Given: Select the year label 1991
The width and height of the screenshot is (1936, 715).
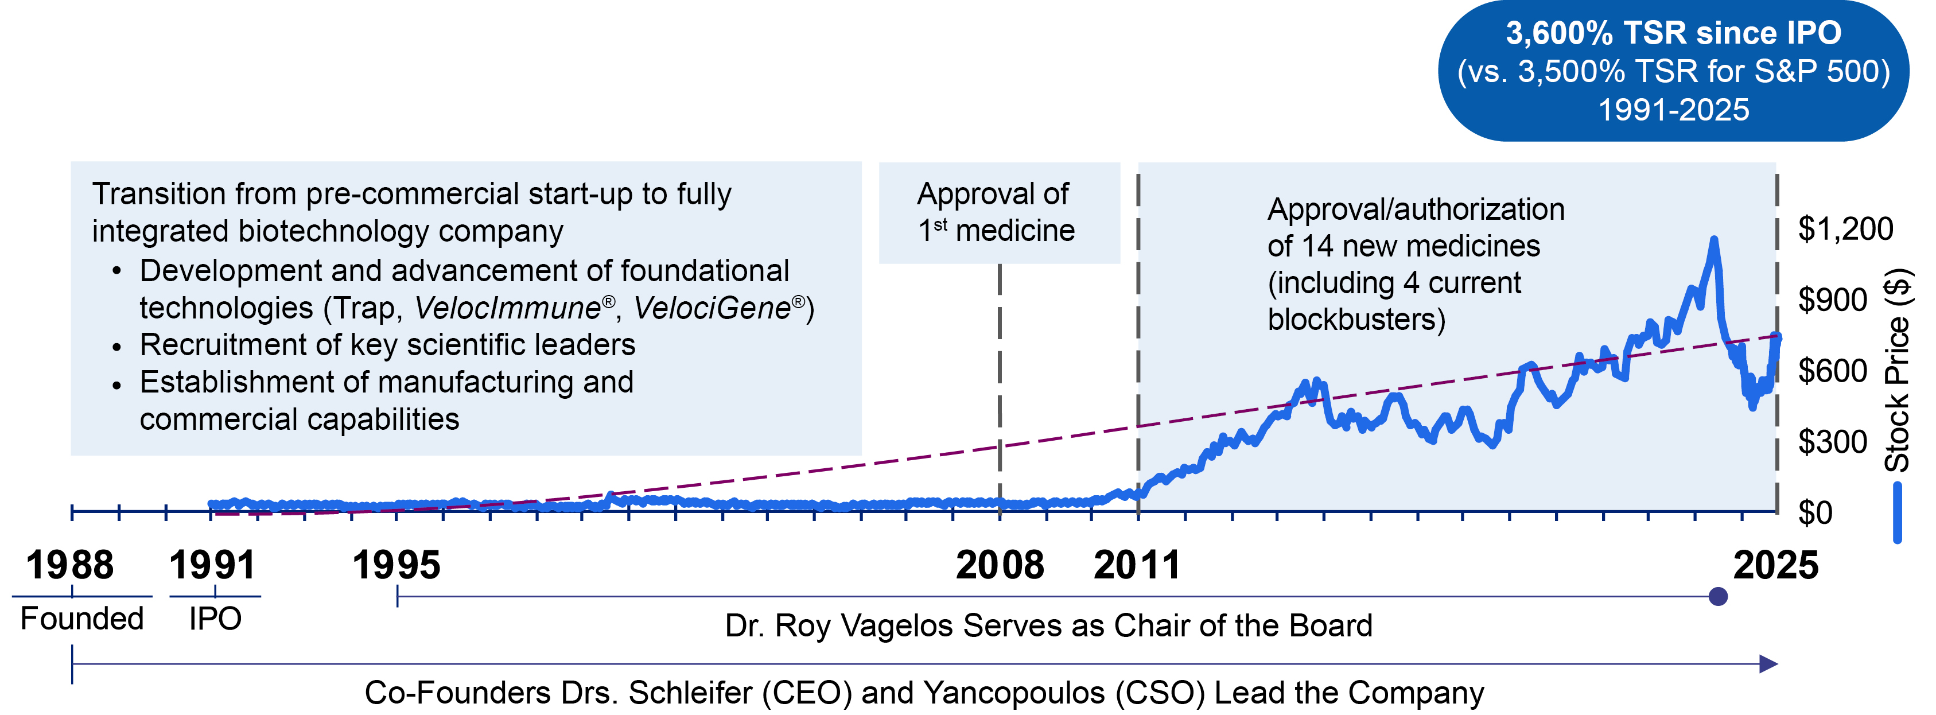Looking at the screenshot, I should point(213,565).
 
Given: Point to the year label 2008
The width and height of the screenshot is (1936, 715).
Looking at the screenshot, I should point(1000,565).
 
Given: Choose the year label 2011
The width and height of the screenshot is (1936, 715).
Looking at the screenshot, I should point(1137,565).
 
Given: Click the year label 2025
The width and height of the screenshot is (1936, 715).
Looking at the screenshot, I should point(1776,565).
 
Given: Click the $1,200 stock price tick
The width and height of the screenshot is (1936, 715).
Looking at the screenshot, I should point(1845,228).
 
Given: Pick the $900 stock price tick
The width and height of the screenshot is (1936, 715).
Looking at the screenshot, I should point(1832,300).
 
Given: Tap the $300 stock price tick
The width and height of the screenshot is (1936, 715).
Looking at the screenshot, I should point(1832,442).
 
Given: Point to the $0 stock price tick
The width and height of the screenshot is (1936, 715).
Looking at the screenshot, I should point(1815,513).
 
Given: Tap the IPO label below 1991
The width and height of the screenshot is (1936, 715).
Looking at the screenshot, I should point(215,619).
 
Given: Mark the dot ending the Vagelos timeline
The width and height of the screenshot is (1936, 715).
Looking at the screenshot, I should point(1718,597).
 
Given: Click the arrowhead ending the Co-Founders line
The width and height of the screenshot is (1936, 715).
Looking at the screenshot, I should point(1769,664).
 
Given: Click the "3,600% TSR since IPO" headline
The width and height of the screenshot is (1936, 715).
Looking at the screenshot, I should point(1673,33).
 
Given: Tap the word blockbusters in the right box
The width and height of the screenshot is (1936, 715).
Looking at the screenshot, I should point(1356,320).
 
